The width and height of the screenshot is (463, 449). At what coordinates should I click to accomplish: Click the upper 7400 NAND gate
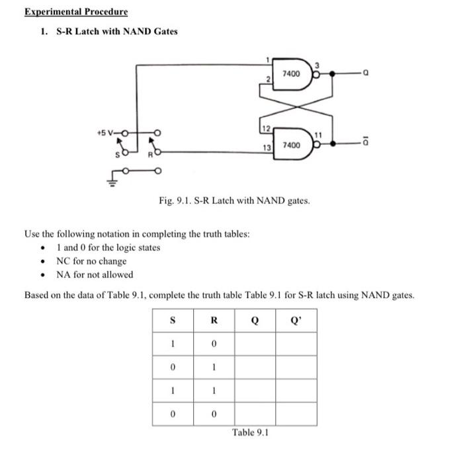pyautogui.click(x=292, y=74)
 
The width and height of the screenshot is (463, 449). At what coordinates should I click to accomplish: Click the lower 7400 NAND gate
pyautogui.click(x=292, y=143)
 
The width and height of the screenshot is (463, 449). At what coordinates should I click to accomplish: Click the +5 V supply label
pyautogui.click(x=105, y=132)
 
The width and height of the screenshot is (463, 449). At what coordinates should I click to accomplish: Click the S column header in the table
pyautogui.click(x=173, y=321)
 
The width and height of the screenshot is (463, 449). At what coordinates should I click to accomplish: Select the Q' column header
pyautogui.click(x=295, y=321)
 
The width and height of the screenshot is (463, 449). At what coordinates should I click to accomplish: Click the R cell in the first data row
pyautogui.click(x=214, y=344)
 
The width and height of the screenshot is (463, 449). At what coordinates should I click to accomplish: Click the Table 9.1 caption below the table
pyautogui.click(x=251, y=432)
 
